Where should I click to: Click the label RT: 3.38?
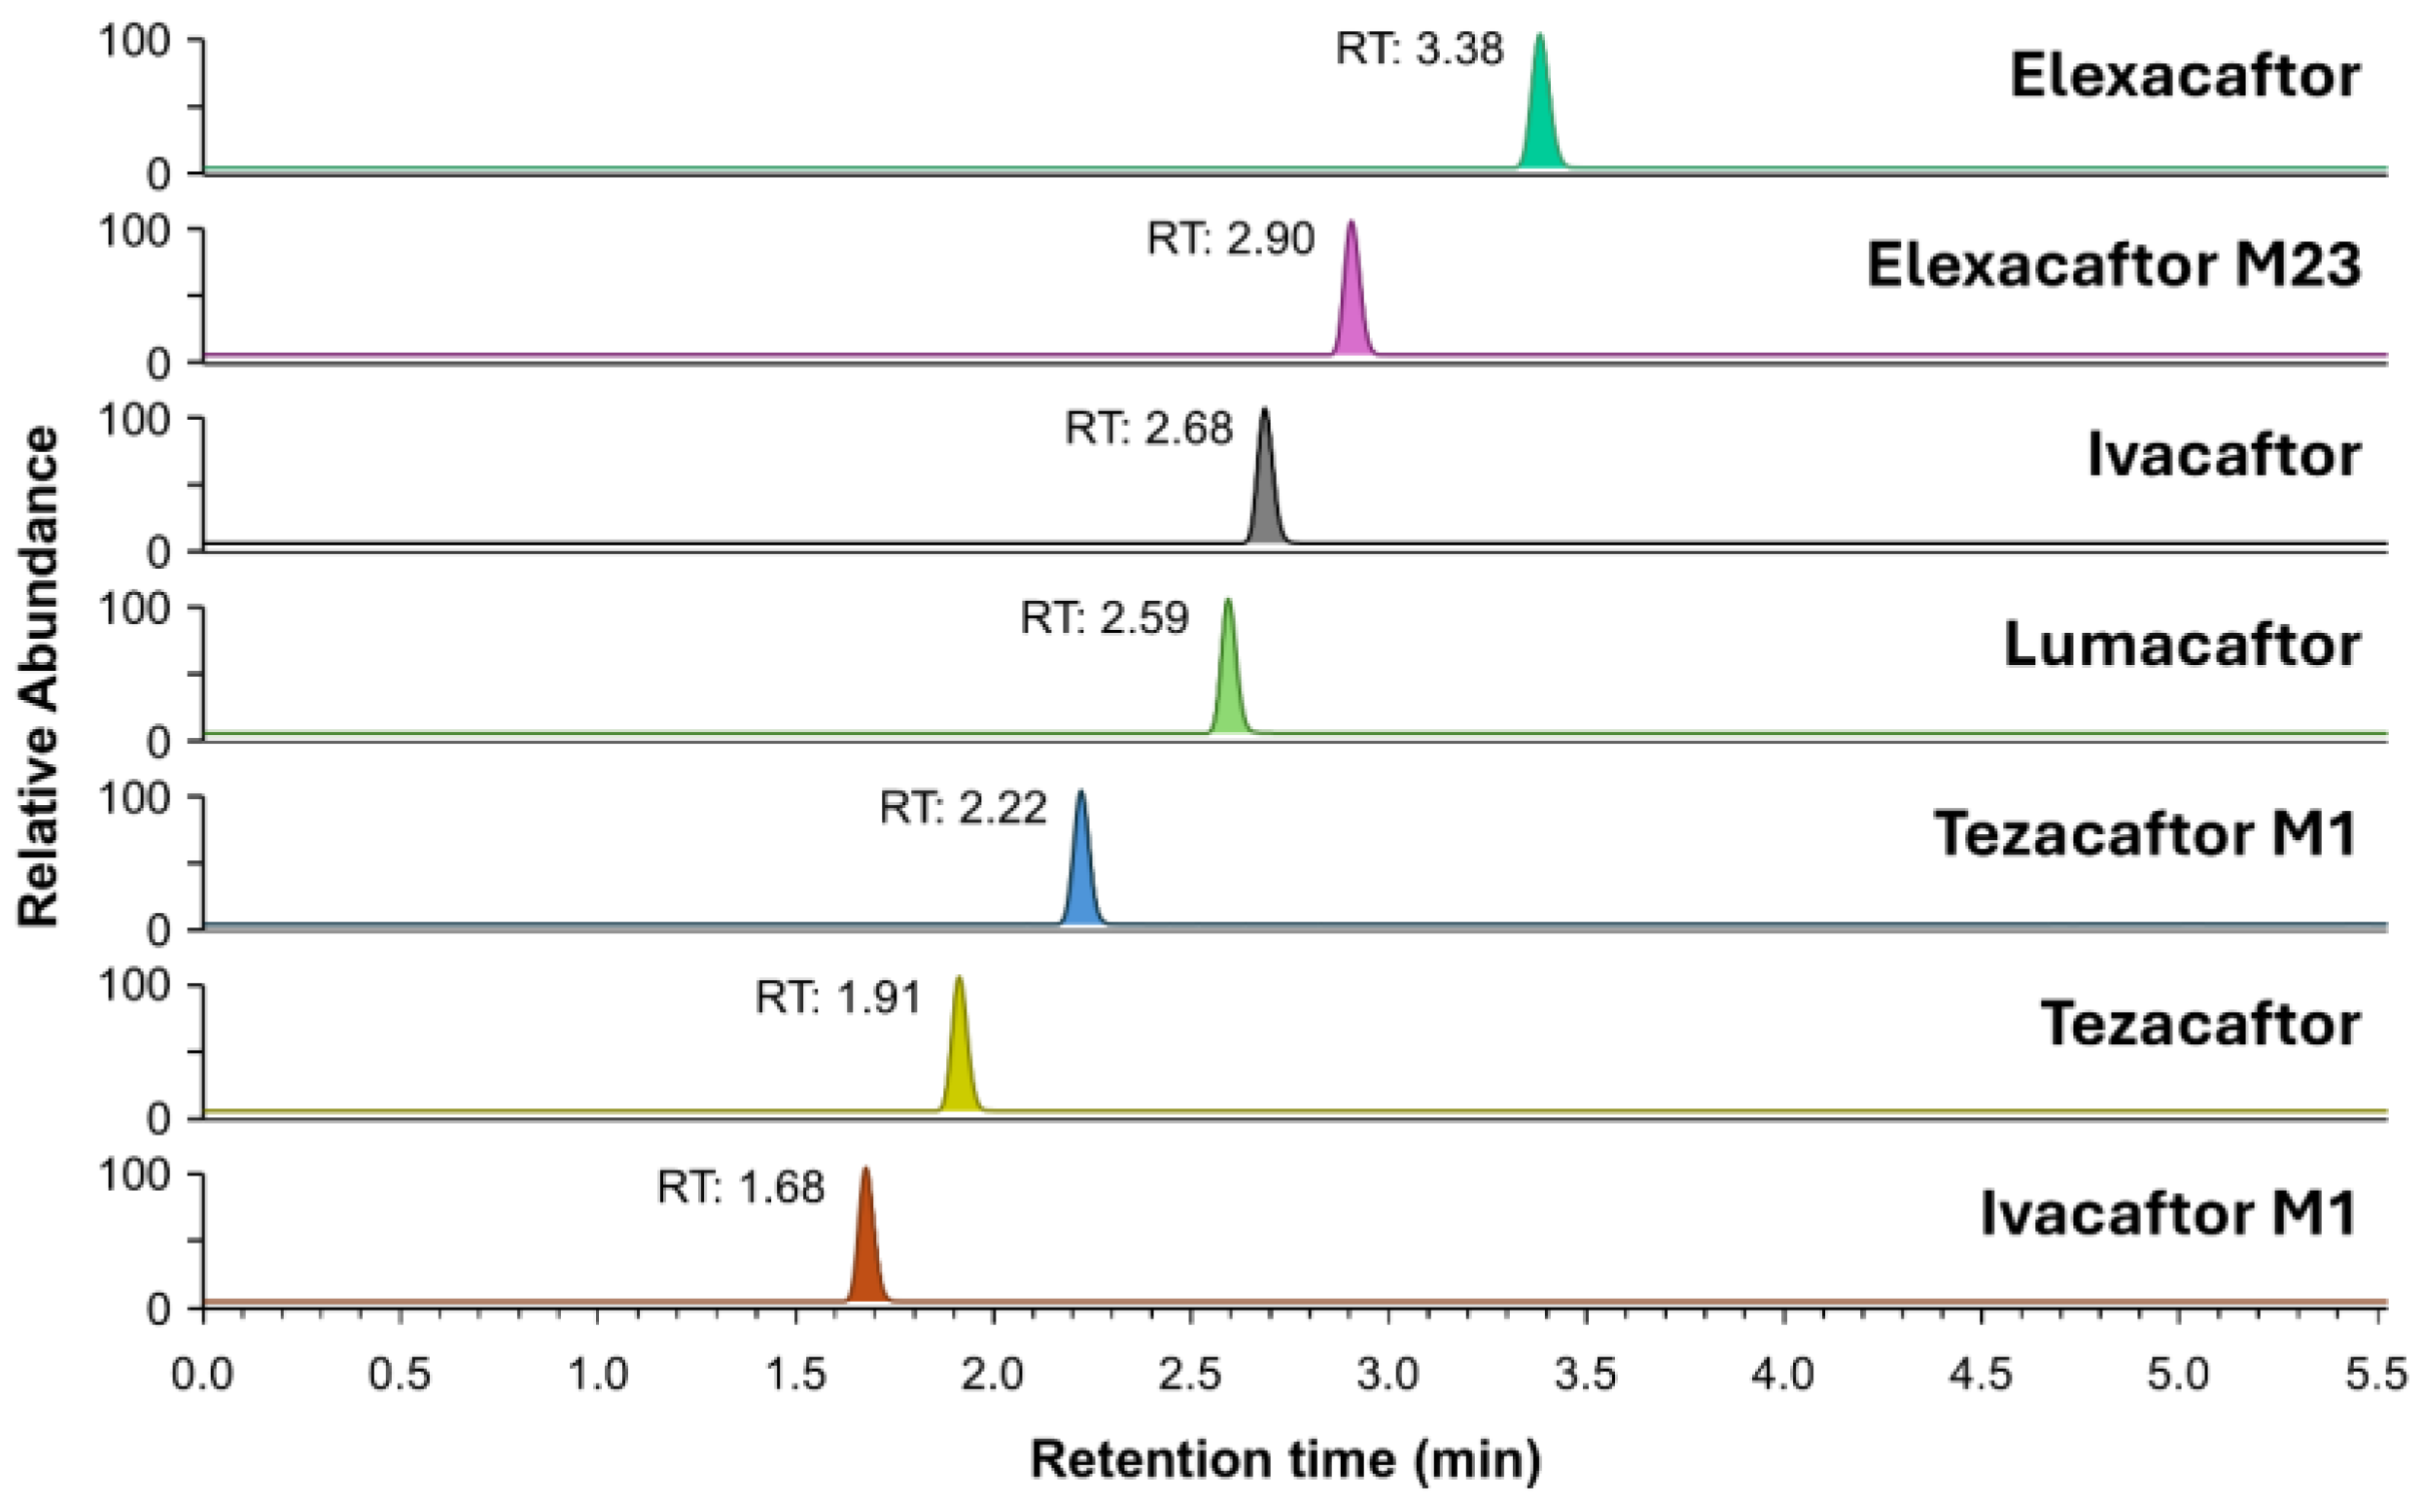(x=1419, y=49)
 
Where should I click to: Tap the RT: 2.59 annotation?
(x=1105, y=617)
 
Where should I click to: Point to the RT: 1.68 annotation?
(x=740, y=1187)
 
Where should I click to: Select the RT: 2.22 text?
(x=963, y=807)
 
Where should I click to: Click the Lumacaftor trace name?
(x=2180, y=645)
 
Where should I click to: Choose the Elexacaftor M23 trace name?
(x=2113, y=265)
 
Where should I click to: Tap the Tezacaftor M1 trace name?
(x=2145, y=833)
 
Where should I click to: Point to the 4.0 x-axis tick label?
(x=1782, y=1375)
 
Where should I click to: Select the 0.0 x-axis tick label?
(x=203, y=1375)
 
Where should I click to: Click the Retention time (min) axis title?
(x=1285, y=1459)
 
